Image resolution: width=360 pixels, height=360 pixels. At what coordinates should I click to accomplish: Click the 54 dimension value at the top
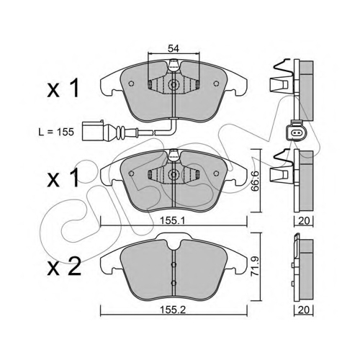coord(174,49)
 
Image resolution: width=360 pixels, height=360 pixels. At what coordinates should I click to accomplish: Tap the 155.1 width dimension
coord(173,220)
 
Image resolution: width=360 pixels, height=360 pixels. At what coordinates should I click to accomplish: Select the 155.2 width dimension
coord(173,310)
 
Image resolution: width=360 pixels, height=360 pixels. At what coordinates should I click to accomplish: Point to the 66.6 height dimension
coord(255,181)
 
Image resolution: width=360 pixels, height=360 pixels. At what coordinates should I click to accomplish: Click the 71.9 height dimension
coord(255,266)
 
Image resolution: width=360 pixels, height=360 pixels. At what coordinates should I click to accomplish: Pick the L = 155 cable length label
coord(56,132)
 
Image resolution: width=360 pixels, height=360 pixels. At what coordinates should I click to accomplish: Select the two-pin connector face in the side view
coord(294,132)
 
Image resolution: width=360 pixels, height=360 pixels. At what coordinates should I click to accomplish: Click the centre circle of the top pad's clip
coord(173,84)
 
